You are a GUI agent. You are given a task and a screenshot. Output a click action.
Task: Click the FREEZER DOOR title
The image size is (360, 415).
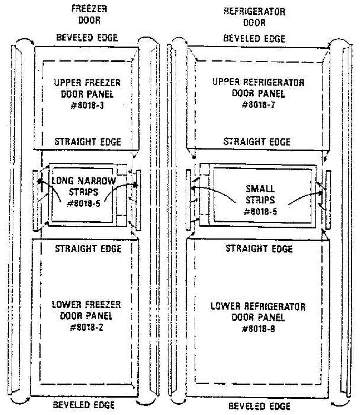coord(89,14)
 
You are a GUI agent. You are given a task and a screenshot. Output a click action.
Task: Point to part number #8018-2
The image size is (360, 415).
coord(86,327)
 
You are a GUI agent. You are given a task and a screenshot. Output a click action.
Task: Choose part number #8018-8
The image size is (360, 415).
coord(258,329)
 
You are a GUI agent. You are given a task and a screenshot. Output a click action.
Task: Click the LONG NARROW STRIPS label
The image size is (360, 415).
coord(83,186)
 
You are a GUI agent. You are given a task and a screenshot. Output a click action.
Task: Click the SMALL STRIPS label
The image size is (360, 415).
coord(260,194)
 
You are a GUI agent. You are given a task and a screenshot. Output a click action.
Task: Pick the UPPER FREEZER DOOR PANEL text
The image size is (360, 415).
coord(87,88)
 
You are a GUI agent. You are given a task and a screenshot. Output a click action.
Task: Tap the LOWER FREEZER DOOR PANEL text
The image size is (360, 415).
coord(86,310)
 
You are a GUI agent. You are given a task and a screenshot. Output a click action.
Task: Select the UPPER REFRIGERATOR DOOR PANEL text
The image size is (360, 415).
coord(258,88)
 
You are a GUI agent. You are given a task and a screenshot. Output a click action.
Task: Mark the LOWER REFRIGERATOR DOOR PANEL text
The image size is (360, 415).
coord(258,312)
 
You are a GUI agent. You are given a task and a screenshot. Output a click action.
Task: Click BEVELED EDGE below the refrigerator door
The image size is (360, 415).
coord(259,406)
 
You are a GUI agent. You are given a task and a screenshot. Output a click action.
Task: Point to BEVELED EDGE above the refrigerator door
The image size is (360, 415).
coord(254,38)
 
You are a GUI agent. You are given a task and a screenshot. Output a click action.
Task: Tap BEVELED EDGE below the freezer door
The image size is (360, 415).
coord(83,405)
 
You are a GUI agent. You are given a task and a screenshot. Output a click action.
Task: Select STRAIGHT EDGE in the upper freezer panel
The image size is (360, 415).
coord(88,142)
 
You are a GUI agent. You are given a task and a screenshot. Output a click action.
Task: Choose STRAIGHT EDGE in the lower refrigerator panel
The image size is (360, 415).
coord(259,249)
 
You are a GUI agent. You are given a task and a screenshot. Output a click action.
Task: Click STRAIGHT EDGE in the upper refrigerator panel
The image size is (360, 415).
coord(257,141)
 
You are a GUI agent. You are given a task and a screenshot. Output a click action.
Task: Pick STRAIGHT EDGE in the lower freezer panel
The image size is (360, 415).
coord(88,249)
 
